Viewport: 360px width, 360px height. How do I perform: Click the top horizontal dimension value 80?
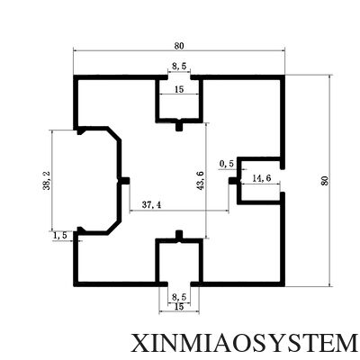(x=179, y=46)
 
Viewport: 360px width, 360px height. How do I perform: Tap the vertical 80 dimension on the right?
(x=325, y=180)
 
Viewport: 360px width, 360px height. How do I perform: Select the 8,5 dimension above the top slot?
(x=179, y=67)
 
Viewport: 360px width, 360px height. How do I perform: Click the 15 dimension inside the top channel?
(x=179, y=89)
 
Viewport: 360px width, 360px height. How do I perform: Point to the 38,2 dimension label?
(x=47, y=181)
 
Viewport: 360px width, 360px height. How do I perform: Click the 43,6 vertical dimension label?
(x=201, y=180)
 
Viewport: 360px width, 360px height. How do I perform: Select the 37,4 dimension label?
(x=151, y=205)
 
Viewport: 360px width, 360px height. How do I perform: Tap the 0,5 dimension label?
(x=227, y=164)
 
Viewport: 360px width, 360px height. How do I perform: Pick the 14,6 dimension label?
(x=262, y=178)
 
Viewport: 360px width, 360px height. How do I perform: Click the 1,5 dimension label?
(x=60, y=236)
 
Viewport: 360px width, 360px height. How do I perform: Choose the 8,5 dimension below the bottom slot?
(x=179, y=297)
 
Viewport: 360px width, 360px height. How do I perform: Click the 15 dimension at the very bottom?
(x=179, y=307)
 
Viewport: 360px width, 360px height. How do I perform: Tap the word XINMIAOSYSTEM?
(x=244, y=344)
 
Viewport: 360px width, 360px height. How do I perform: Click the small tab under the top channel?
(x=179, y=126)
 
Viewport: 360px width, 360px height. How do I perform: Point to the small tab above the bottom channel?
(x=179, y=236)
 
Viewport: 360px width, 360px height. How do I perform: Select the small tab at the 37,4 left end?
(x=124, y=181)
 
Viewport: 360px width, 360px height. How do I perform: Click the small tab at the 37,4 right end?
(x=234, y=181)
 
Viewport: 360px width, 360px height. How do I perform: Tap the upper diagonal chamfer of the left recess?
(x=114, y=133)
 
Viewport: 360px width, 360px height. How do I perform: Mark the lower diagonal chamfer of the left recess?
(x=114, y=228)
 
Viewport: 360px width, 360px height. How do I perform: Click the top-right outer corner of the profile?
(x=284, y=75)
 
